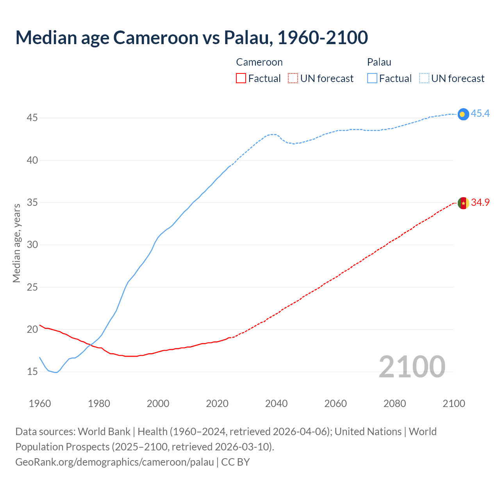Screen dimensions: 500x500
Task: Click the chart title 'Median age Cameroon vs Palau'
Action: point(191,37)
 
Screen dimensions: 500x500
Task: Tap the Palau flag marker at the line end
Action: point(463,114)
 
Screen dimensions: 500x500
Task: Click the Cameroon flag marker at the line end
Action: point(463,203)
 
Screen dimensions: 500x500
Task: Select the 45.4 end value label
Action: point(480,113)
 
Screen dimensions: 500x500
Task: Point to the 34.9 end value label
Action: point(480,202)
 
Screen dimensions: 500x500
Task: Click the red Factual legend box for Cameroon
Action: point(241,79)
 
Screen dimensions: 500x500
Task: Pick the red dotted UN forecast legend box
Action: point(293,79)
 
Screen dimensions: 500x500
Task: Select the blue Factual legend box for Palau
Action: point(372,79)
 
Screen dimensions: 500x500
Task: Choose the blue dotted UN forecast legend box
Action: point(424,79)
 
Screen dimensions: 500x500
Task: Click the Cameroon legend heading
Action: point(259,62)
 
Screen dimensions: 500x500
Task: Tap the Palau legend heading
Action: point(379,62)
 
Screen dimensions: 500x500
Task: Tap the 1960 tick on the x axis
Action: point(40,404)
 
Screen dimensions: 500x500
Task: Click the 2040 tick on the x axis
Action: point(276,404)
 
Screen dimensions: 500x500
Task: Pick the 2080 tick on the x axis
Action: point(395,404)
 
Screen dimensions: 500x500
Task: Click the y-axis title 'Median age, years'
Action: point(16,243)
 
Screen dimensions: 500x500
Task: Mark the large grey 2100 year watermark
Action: point(412,366)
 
